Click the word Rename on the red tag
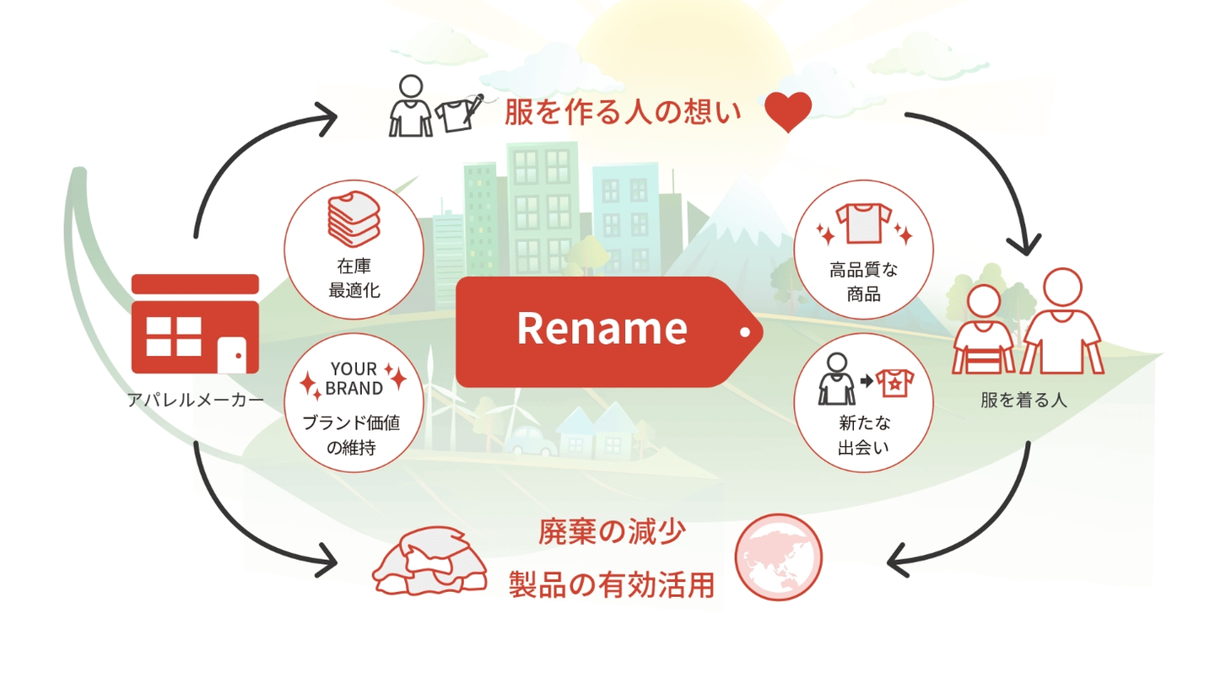pyautogui.click(x=602, y=329)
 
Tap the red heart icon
pyautogui.click(x=788, y=111)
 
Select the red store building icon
pyautogui.click(x=195, y=324)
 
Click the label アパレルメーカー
pyautogui.click(x=195, y=400)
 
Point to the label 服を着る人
pyautogui.click(x=1023, y=400)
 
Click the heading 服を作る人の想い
pyautogui.click(x=623, y=112)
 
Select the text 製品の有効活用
pyautogui.click(x=612, y=584)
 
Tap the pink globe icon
pyautogui.click(x=778, y=557)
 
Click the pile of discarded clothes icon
pyautogui.click(x=430, y=561)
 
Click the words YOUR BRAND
pyautogui.click(x=354, y=379)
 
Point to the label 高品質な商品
pyautogui.click(x=863, y=282)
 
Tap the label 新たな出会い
pyautogui.click(x=863, y=435)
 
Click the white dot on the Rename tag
pyautogui.click(x=744, y=332)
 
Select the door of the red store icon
pyautogui.click(x=231, y=354)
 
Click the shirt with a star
pyautogui.click(x=894, y=384)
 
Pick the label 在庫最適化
pyautogui.click(x=354, y=279)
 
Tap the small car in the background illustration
pyautogui.click(x=532, y=438)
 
